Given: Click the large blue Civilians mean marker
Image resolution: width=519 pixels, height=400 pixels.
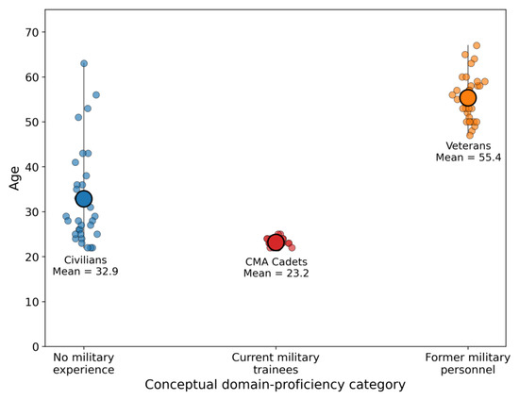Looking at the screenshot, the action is coord(84,199).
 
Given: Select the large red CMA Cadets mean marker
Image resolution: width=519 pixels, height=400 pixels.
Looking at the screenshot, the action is coord(276,242).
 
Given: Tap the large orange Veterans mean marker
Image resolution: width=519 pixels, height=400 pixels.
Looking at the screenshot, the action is coord(468,97).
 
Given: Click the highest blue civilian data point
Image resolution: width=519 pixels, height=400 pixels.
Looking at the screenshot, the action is coord(84,63).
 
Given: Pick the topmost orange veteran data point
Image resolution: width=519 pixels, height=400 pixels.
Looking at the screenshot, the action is coord(477,45).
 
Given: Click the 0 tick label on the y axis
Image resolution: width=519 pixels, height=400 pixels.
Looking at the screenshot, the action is coord(36,347).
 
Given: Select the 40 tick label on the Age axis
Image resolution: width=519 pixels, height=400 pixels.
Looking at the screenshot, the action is coord(32,167).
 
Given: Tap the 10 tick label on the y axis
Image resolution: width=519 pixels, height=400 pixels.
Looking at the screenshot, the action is coord(32,302).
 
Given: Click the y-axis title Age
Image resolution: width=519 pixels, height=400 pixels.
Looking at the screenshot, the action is coord(14,178).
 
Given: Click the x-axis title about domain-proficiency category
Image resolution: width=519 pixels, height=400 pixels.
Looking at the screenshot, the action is coord(275,385).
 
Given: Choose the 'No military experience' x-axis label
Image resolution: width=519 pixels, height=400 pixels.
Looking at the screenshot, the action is coord(83,363).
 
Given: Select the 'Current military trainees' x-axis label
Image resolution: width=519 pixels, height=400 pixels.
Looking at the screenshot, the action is coord(276,363).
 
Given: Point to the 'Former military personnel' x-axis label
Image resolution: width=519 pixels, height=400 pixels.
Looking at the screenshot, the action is coord(468,363).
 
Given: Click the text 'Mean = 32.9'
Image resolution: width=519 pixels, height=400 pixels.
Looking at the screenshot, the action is coord(85,272).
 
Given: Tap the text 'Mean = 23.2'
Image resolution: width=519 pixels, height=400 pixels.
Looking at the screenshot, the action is coord(276,274).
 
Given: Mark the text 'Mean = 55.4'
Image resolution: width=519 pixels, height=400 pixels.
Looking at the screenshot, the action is coord(468,158).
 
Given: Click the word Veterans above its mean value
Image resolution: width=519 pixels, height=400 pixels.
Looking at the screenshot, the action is coord(468,146).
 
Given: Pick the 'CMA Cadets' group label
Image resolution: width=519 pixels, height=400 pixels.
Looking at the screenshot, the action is coord(276,261).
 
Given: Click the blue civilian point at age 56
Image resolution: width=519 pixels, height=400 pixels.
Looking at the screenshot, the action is coord(96,95).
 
